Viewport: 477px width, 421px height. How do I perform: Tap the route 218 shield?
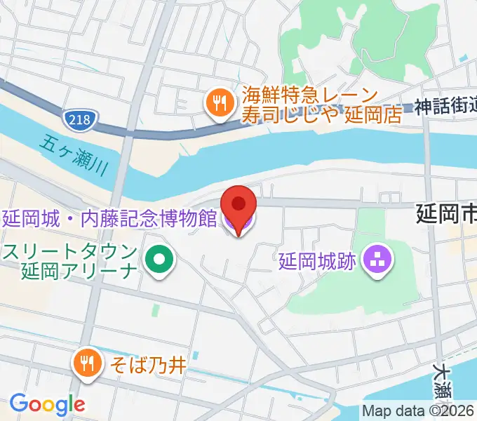tap(79, 120)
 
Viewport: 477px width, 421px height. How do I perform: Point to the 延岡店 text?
tap(373, 114)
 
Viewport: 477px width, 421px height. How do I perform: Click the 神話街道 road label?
tap(445, 107)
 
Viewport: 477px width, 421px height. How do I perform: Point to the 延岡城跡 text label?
tap(317, 262)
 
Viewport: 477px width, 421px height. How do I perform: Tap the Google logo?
tap(47, 403)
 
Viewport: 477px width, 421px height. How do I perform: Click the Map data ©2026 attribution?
tap(419, 411)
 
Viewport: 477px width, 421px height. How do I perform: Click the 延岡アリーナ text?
tap(77, 270)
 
